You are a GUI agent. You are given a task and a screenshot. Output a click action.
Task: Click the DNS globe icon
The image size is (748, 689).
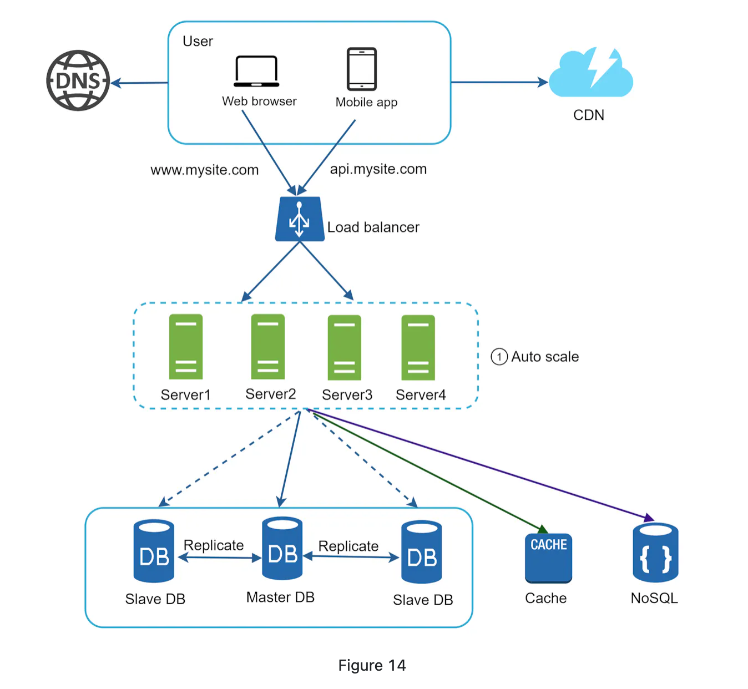78,81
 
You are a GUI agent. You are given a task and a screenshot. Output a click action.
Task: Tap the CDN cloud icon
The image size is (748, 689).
590,74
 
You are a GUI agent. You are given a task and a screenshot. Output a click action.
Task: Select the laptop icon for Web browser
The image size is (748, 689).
256,72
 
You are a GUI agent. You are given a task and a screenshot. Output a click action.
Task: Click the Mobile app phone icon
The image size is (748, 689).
362,69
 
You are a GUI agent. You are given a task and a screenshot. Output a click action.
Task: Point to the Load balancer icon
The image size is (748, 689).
300,220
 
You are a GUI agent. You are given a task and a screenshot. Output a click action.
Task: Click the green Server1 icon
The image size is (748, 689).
186,347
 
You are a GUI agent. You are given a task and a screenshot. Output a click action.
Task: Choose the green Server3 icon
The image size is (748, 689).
345,348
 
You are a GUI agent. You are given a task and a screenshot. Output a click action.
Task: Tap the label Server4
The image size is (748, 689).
421,395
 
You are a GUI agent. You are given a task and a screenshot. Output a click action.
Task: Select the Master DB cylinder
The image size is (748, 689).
282,549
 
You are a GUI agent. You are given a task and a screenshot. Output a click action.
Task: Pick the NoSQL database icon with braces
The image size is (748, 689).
655,553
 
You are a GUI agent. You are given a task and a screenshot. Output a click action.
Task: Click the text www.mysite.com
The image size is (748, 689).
204,170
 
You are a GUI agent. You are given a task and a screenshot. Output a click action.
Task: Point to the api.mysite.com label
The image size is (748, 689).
378,169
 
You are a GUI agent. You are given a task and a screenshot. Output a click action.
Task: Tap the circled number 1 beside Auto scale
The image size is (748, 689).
499,357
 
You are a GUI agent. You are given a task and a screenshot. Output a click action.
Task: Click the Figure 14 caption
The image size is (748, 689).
372,665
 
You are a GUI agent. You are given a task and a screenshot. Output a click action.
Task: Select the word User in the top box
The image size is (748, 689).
198,42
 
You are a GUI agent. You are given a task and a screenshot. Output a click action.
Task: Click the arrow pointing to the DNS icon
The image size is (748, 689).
139,83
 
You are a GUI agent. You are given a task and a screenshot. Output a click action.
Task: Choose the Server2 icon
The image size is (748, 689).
268,347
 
